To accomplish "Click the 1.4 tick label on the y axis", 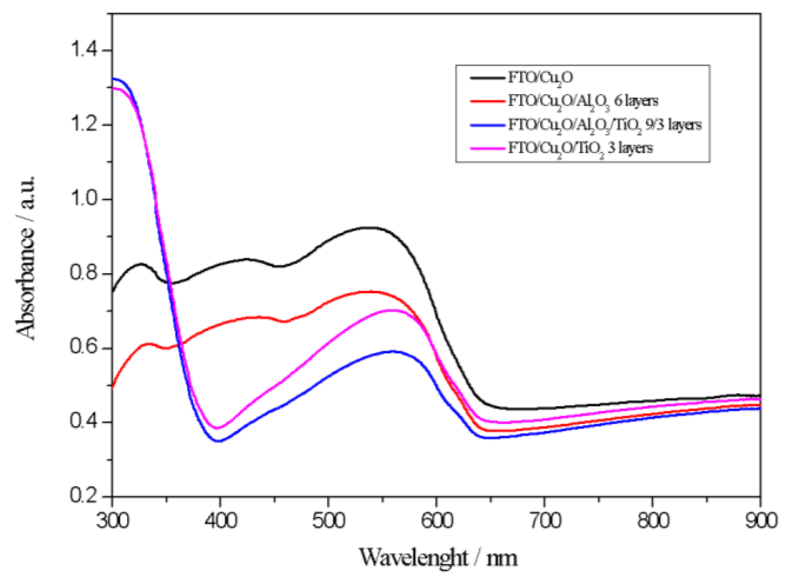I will click(x=84, y=50).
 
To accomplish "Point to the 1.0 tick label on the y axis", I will click(x=84, y=199).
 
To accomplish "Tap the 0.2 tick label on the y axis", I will click(x=84, y=495).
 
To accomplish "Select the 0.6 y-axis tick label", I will click(x=84, y=347).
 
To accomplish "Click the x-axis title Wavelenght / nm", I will click(x=438, y=558).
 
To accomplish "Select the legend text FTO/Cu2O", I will click(x=540, y=78).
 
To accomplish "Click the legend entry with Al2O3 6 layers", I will click(x=583, y=101).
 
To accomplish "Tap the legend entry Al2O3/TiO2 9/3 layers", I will click(x=605, y=125).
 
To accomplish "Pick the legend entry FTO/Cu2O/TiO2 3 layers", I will click(x=580, y=149).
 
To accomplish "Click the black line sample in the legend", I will click(x=487, y=78).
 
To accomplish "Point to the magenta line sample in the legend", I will click(x=487, y=149).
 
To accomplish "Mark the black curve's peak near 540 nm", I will click(x=369, y=227).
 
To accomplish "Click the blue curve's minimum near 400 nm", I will click(x=219, y=441).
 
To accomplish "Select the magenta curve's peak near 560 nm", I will click(x=392, y=310).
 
